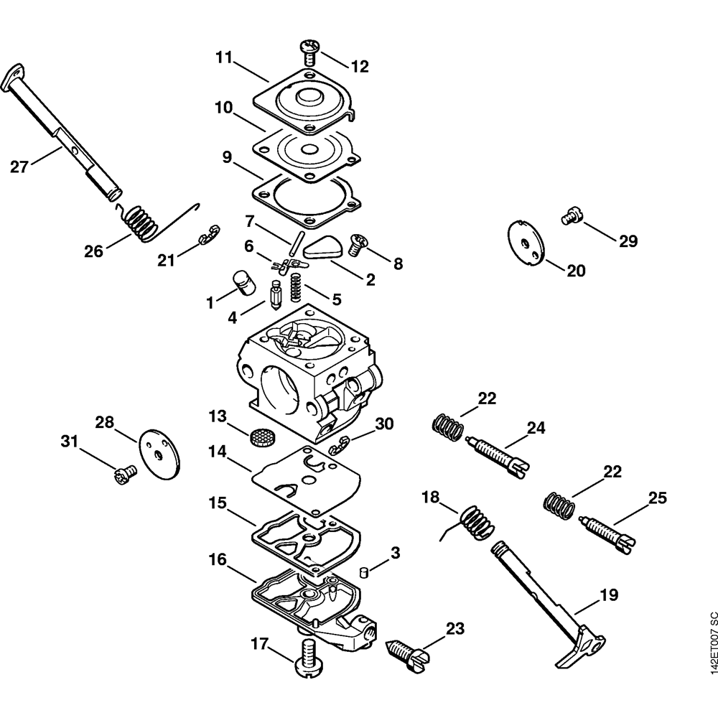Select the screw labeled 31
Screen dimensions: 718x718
click(124, 475)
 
